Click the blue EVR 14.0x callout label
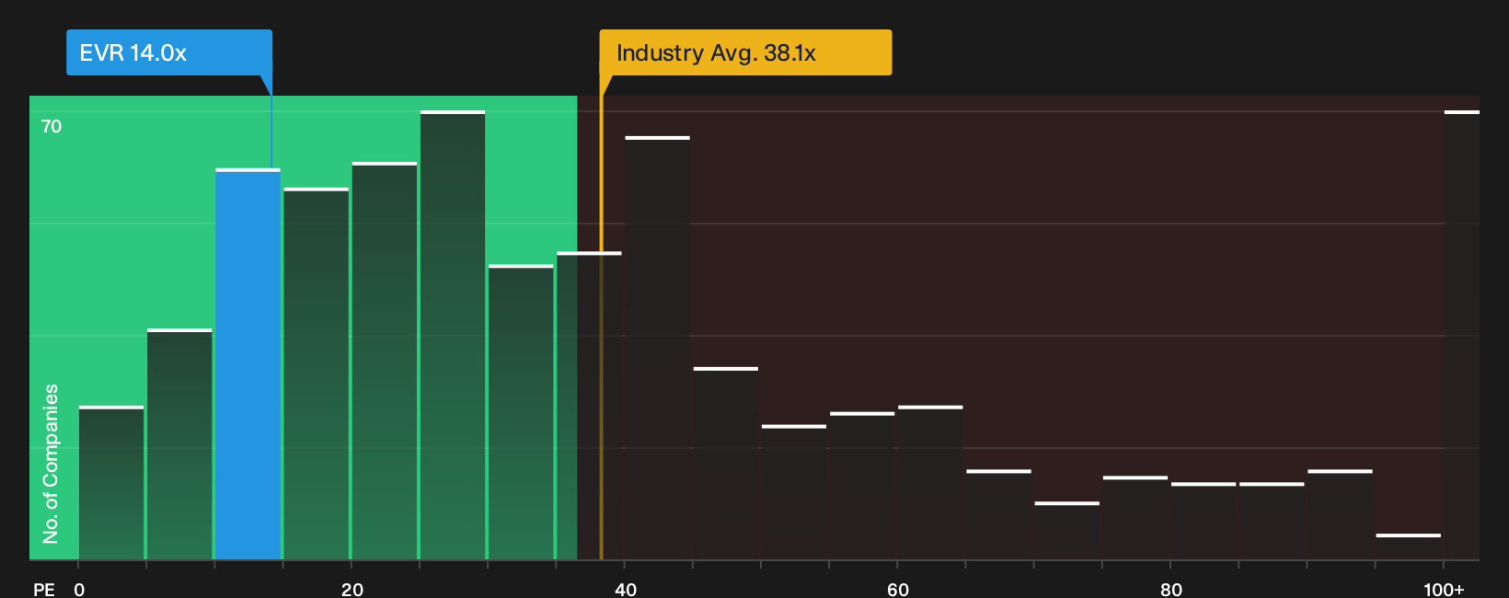click(x=169, y=52)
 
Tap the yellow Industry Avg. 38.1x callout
click(x=745, y=52)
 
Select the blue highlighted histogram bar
click(x=248, y=363)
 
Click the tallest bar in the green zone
click(x=453, y=336)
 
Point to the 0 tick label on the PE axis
click(x=79, y=590)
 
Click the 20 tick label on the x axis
click(x=352, y=590)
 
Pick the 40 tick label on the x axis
click(x=625, y=590)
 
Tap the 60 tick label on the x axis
click(x=898, y=590)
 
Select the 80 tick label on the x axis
click(x=1171, y=590)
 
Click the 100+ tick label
click(x=1444, y=590)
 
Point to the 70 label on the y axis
click(x=52, y=127)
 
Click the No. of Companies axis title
click(x=51, y=464)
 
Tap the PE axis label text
click(x=44, y=590)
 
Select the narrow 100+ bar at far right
click(x=1462, y=336)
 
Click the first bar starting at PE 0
click(x=111, y=483)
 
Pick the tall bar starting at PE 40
click(x=658, y=348)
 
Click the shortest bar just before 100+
click(x=1408, y=546)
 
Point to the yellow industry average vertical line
click(x=602, y=316)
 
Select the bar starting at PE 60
click(x=930, y=483)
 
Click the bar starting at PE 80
click(x=1204, y=522)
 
